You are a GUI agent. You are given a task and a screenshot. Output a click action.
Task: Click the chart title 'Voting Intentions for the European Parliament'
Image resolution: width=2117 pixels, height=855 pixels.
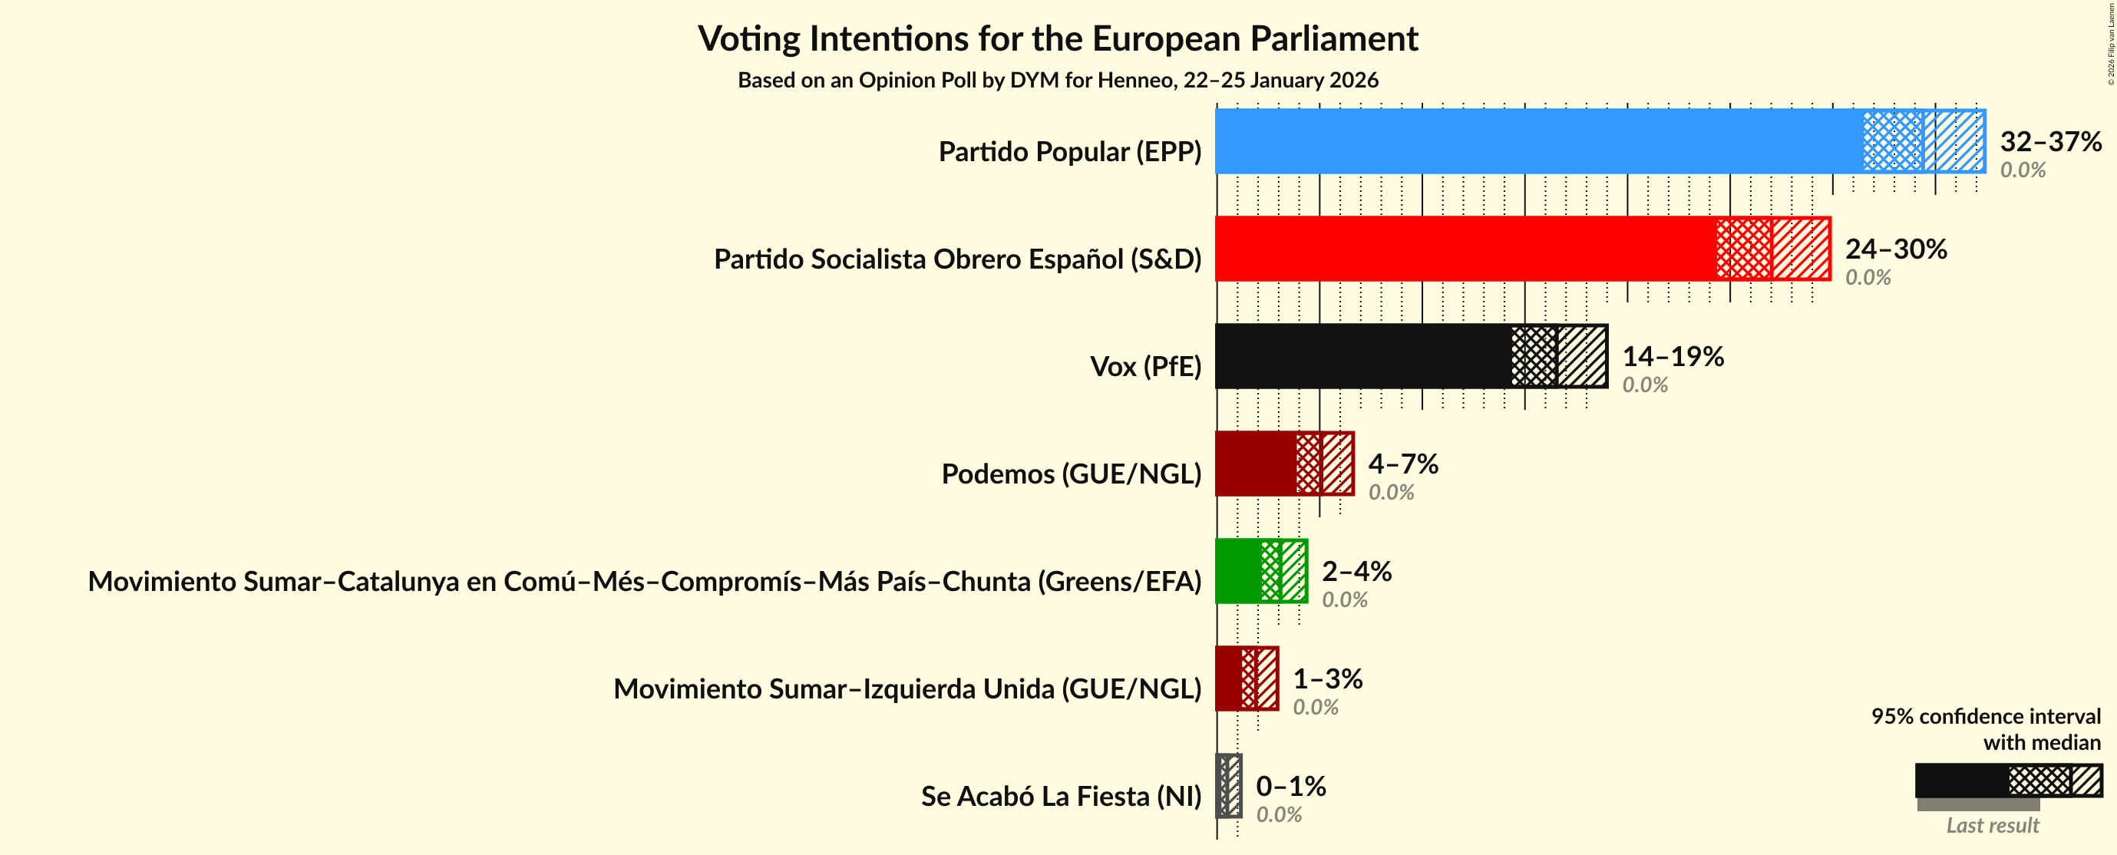(x=1058, y=38)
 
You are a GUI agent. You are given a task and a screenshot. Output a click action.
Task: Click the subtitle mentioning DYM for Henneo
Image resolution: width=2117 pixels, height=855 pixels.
(x=1058, y=80)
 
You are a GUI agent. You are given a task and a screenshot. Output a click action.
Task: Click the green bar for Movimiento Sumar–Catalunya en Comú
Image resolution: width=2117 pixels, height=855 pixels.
(x=1237, y=571)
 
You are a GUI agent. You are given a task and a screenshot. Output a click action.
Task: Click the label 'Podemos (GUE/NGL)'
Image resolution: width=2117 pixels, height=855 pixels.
(x=1071, y=474)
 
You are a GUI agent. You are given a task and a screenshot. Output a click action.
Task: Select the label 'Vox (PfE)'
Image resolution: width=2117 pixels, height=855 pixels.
(x=1144, y=366)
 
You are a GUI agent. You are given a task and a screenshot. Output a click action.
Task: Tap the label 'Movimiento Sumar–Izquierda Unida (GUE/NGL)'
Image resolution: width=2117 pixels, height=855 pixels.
(x=907, y=688)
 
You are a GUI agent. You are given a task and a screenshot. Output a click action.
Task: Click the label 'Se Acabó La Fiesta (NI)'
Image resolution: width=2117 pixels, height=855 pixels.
(x=1060, y=796)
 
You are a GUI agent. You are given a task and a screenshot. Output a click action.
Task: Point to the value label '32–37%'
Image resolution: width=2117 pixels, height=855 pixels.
(x=2050, y=141)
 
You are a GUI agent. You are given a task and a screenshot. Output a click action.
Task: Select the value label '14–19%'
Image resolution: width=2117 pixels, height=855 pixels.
(x=1673, y=356)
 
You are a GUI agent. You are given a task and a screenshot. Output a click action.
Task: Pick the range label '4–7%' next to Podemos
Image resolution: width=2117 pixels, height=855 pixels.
(x=1403, y=464)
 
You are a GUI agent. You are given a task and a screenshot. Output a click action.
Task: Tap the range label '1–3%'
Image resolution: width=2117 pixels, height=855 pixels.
(x=1327, y=678)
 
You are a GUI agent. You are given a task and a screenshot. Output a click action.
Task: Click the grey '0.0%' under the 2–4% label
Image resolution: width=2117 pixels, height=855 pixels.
(x=1345, y=599)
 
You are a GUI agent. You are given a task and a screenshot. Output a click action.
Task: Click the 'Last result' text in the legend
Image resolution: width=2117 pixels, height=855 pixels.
(x=1992, y=825)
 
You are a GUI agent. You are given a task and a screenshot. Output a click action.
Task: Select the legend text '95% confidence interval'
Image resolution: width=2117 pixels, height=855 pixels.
(x=1986, y=716)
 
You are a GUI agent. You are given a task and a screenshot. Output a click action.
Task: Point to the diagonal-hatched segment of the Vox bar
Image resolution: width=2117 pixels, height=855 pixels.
(x=1582, y=356)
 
